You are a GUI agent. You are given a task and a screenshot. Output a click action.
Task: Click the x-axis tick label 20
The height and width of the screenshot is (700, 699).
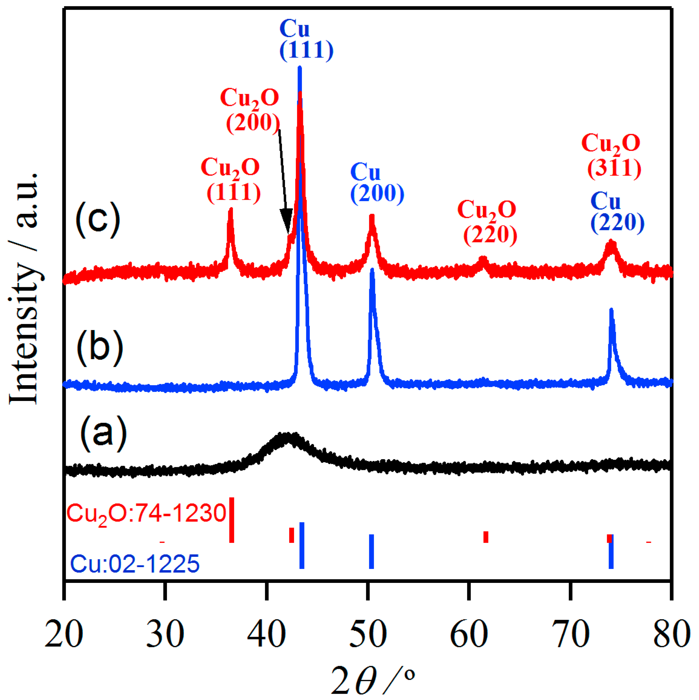coord(64,634)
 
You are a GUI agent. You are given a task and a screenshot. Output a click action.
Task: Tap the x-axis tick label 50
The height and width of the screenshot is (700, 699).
coord(368,634)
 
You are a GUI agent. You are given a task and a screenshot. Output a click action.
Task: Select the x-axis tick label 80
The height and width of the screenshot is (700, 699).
coord(671,634)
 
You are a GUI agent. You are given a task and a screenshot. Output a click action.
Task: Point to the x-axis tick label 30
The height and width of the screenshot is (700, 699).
coord(165,634)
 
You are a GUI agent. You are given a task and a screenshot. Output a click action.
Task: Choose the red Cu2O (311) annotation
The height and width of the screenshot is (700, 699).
coord(612,156)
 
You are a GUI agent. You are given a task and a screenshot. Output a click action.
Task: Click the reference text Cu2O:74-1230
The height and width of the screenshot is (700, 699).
coord(146,513)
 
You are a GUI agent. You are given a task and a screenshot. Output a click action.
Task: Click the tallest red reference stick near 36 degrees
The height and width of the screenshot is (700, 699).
coord(232,520)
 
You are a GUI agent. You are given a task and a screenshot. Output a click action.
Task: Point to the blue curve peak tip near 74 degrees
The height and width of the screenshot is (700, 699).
coord(611,310)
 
